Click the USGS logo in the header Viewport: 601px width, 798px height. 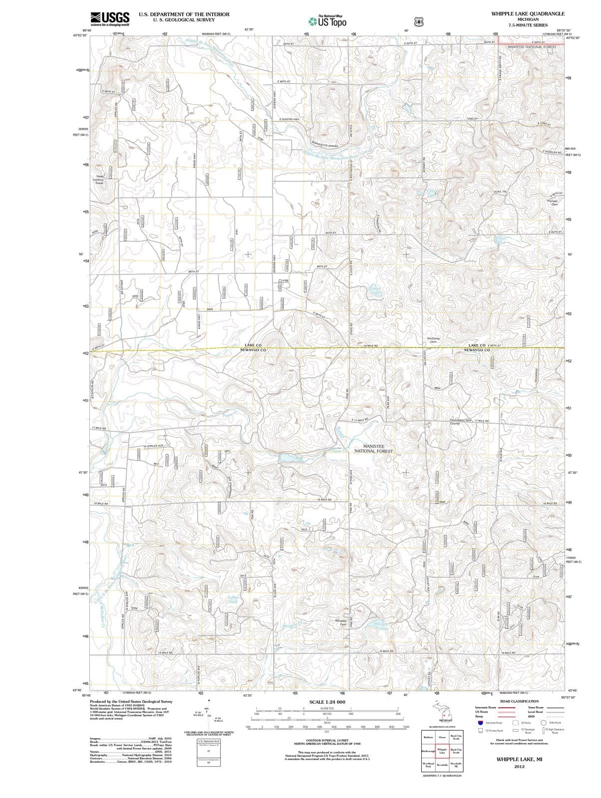[110, 18]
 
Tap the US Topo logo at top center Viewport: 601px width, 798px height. [327, 21]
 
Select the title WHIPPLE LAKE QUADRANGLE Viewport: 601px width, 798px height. [528, 13]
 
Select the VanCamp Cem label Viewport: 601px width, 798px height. [433, 340]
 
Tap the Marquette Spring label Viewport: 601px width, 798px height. [325, 146]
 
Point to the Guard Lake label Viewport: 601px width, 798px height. [375, 290]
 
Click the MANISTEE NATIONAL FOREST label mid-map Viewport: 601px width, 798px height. [373, 448]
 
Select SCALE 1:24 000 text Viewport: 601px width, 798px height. [327, 702]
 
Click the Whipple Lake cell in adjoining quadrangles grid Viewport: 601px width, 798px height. [442, 752]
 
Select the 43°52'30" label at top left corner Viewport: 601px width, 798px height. [80, 35]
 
